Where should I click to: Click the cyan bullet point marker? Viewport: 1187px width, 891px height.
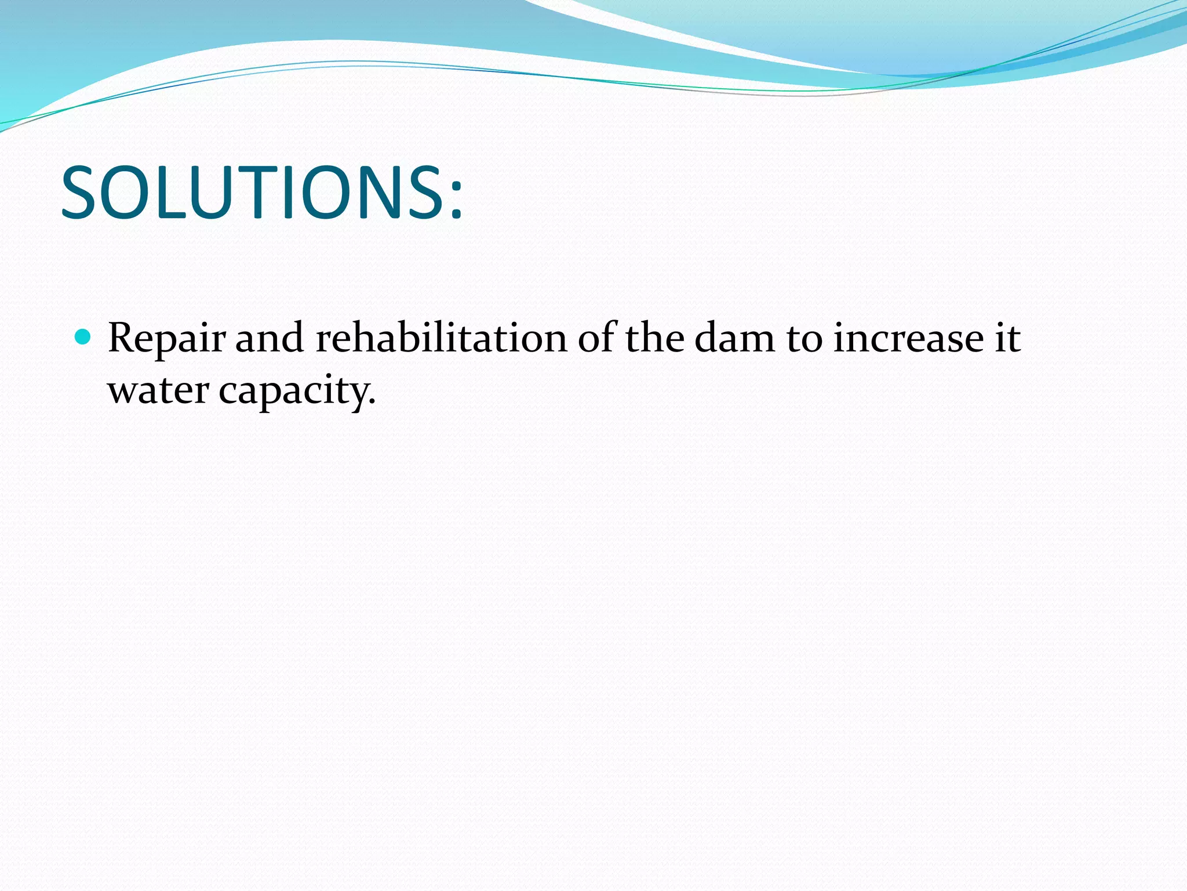(x=83, y=337)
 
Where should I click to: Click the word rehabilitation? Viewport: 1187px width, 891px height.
(x=441, y=338)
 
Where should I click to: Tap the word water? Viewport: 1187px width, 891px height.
(x=158, y=390)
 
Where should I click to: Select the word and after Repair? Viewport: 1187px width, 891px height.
(x=270, y=338)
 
